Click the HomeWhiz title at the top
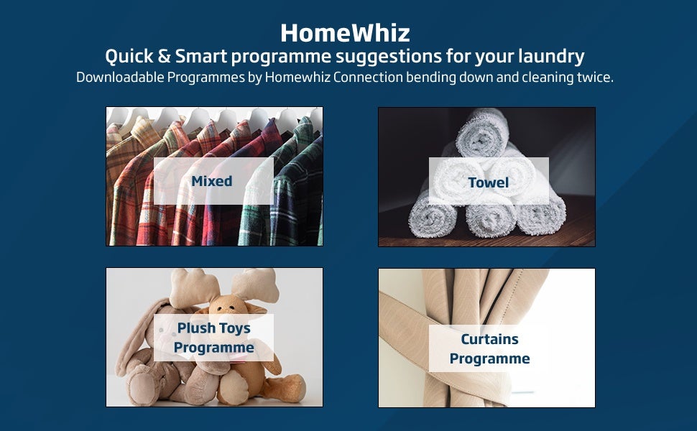click(345, 33)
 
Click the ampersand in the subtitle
click(164, 57)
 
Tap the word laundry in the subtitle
click(551, 57)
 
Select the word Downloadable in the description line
click(120, 78)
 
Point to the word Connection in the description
click(368, 78)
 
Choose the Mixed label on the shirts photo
click(211, 181)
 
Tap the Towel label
click(488, 182)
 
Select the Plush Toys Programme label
click(214, 338)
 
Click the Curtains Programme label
click(489, 349)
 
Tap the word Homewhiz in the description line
click(297, 78)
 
